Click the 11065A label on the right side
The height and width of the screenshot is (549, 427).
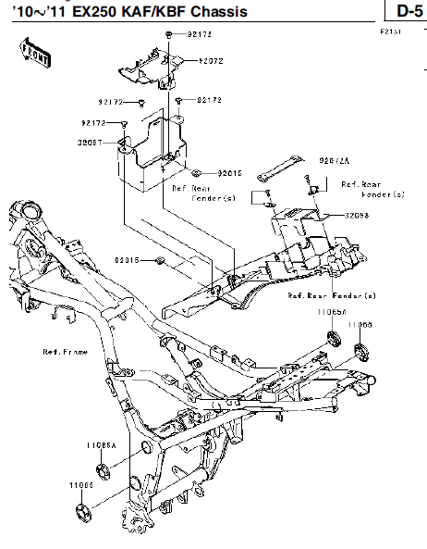[x=331, y=315]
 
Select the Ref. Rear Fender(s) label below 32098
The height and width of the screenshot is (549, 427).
[x=331, y=295]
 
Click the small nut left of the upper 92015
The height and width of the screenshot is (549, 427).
[x=172, y=172]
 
